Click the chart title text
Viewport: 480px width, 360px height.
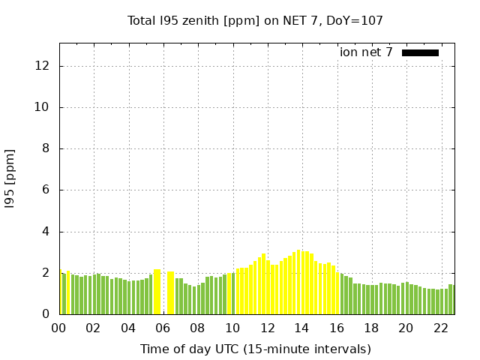click(x=255, y=21)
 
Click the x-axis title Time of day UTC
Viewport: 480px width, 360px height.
click(x=255, y=349)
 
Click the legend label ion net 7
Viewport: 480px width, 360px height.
click(x=366, y=52)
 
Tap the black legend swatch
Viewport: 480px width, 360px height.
click(x=420, y=52)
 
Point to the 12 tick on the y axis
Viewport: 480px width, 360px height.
click(x=43, y=66)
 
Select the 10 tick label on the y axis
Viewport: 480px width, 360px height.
click(x=43, y=107)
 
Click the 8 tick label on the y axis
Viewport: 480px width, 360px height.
click(x=46, y=148)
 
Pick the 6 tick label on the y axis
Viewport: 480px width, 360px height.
click(x=46, y=190)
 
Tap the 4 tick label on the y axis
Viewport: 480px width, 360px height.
click(x=46, y=232)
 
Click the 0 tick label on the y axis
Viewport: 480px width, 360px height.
click(x=46, y=314)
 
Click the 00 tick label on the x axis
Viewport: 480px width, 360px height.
click(x=58, y=328)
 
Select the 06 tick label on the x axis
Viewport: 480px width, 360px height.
click(x=163, y=328)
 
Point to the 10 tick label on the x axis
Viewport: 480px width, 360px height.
click(x=232, y=328)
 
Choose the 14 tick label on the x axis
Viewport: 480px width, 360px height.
click(x=301, y=328)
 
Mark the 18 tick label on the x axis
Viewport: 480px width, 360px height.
click(x=371, y=328)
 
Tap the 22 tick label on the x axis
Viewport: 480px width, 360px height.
click(x=440, y=328)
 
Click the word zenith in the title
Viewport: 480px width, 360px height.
click(x=197, y=21)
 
